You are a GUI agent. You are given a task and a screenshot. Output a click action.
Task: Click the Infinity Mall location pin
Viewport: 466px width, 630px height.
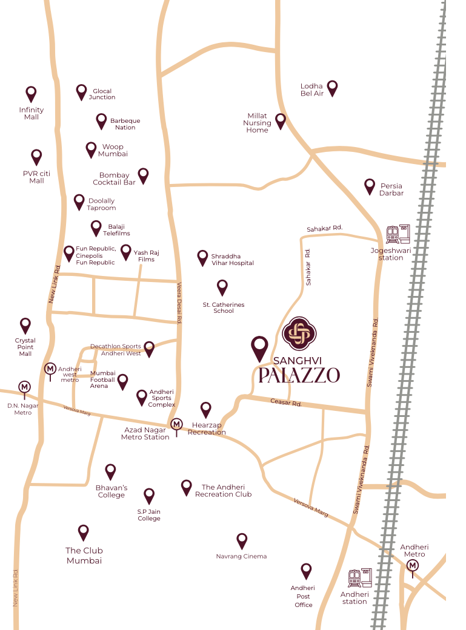[x=31, y=94]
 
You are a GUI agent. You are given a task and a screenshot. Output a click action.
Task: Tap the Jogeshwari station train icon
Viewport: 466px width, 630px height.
[x=398, y=234]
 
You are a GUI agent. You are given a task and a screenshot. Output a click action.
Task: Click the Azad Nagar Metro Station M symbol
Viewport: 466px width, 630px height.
[x=176, y=425]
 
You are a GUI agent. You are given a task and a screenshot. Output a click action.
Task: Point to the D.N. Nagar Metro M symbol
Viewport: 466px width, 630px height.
[x=24, y=387]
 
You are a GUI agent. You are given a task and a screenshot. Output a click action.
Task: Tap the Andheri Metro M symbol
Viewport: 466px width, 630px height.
[x=413, y=565]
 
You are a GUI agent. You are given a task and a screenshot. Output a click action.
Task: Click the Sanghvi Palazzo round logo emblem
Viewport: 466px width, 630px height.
[x=299, y=333]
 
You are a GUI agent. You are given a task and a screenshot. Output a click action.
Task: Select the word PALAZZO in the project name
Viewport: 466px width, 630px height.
[x=299, y=375]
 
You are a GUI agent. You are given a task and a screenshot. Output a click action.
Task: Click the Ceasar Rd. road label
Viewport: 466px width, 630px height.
[x=286, y=402]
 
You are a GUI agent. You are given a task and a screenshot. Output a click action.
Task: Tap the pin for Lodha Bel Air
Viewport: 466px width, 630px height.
[x=332, y=88]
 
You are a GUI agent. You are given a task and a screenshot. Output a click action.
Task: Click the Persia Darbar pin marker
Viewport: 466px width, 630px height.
[x=369, y=186]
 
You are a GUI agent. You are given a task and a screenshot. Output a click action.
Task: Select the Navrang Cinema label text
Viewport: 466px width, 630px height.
[x=241, y=556]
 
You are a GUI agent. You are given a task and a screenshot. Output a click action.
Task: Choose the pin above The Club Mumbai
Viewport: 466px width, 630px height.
[x=84, y=532]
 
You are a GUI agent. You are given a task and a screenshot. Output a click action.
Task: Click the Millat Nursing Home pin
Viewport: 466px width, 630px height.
[x=281, y=121]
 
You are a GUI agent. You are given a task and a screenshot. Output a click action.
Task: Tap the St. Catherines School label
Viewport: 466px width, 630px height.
[x=224, y=307]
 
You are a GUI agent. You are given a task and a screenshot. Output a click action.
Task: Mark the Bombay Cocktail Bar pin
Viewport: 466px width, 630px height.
[x=143, y=176]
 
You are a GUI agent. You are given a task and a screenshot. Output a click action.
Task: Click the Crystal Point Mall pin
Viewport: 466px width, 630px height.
[x=25, y=326]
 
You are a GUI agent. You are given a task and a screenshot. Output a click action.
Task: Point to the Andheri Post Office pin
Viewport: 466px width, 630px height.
[x=306, y=571]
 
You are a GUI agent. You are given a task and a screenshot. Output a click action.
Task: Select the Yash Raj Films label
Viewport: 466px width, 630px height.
[x=144, y=256]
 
